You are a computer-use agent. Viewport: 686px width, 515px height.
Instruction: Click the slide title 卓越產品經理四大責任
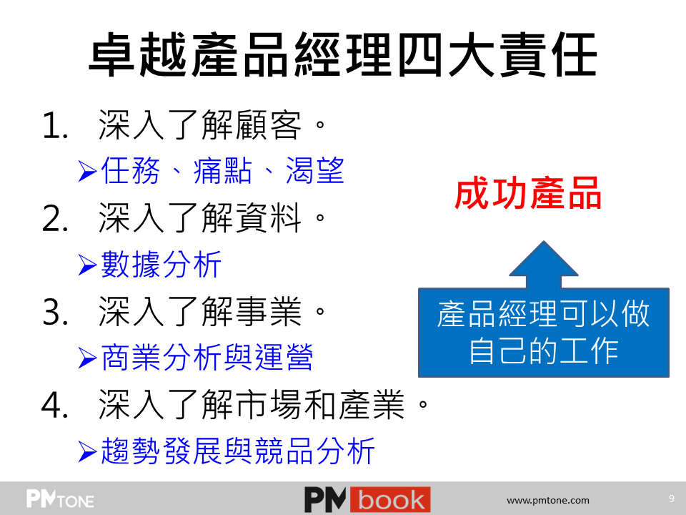click(343, 55)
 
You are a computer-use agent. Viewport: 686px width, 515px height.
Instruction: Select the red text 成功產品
click(528, 193)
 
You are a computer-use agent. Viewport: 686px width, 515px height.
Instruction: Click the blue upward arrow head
click(544, 259)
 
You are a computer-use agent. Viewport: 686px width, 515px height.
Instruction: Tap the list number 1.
click(55, 125)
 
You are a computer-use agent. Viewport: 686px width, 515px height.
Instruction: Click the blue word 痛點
click(223, 171)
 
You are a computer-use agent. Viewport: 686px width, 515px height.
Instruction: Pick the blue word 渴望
click(315, 171)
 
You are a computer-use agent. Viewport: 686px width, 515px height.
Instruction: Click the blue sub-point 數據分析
click(161, 265)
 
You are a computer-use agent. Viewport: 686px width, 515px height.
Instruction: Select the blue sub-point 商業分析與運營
click(207, 358)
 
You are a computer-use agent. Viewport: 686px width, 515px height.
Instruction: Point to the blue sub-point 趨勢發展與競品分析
click(237, 451)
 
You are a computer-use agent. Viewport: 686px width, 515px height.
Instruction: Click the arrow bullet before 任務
click(87, 171)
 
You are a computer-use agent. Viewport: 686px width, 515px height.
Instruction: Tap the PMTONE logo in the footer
click(60, 499)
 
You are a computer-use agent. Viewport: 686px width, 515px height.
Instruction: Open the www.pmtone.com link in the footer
click(548, 500)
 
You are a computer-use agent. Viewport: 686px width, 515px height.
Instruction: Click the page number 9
click(672, 499)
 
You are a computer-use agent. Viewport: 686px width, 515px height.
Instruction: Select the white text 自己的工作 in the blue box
click(544, 351)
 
